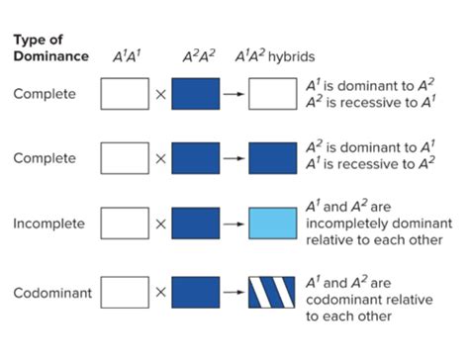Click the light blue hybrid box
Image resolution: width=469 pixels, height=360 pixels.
tap(272, 224)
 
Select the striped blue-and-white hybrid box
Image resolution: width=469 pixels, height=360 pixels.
tap(272, 294)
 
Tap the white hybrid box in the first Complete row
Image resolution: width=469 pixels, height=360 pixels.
tap(272, 96)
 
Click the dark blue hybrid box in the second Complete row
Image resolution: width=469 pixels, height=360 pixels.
tap(272, 159)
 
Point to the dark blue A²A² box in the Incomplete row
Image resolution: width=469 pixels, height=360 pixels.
tap(196, 224)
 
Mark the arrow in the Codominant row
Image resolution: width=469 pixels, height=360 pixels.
tap(234, 294)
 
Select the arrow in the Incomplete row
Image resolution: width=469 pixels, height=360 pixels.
tap(234, 224)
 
